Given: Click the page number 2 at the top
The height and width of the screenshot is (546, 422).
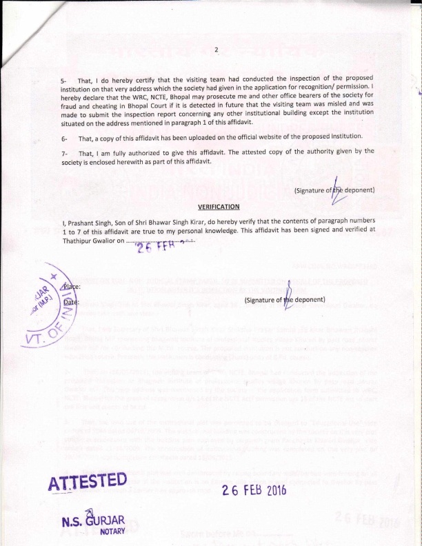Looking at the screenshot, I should pos(216,49).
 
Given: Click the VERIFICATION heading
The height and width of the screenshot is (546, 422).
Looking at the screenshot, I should pos(219,206).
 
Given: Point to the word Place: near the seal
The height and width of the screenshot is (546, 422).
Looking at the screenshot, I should pos(72,285).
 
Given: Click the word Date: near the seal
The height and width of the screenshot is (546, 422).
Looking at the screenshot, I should pos(71,302).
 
